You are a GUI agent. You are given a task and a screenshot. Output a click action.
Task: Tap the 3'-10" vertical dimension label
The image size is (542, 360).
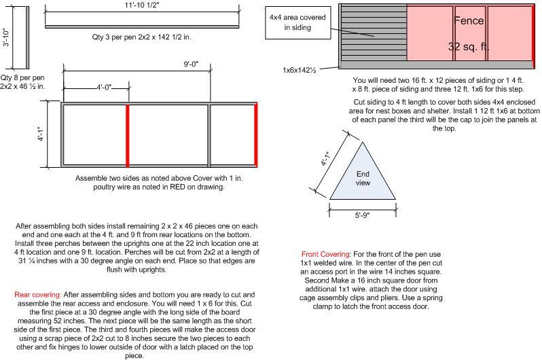(x=6, y=37)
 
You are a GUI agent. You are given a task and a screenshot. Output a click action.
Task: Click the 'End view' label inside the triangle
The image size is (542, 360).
(x=363, y=178)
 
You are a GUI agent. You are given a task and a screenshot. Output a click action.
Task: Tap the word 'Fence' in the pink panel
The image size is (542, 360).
(x=469, y=20)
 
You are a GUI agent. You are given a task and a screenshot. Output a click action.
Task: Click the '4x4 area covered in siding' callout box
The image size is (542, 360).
(x=296, y=22)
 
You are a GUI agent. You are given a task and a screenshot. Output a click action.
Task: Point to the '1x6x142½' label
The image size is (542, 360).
(x=303, y=70)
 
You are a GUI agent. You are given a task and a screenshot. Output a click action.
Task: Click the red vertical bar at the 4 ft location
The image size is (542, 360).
(x=127, y=134)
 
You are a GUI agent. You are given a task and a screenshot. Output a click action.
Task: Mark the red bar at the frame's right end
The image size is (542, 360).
(x=255, y=134)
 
